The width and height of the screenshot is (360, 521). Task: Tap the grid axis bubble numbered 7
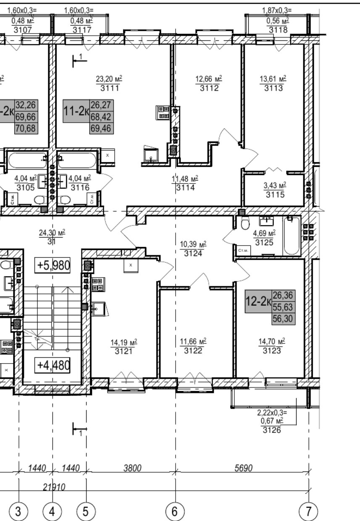click(x=309, y=511)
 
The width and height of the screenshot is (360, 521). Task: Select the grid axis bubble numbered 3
click(x=19, y=511)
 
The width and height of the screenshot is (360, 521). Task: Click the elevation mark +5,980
click(x=53, y=266)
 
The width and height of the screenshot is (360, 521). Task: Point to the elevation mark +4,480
click(x=52, y=364)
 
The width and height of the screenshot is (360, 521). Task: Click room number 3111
click(x=109, y=88)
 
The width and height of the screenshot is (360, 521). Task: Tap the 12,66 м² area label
click(x=209, y=79)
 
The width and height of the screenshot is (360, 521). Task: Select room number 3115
click(x=275, y=194)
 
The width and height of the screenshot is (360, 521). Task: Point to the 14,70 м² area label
click(x=272, y=341)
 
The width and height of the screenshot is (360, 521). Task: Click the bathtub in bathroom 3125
click(x=292, y=236)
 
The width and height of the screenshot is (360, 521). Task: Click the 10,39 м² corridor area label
click(x=194, y=244)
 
